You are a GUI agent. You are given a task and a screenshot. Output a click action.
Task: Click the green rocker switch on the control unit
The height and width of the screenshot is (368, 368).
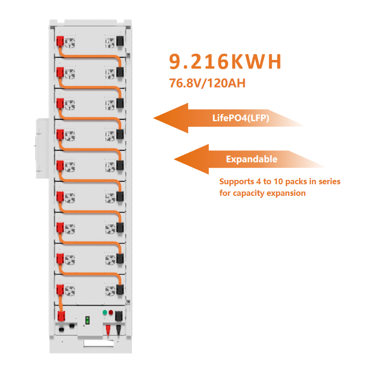coord(88,320)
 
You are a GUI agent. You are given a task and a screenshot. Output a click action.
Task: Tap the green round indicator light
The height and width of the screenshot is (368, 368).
coord(104,312)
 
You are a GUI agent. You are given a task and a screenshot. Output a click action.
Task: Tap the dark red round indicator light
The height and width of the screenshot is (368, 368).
coord(111,312)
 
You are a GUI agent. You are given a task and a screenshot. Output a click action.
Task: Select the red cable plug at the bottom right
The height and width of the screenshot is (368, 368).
coord(108,330)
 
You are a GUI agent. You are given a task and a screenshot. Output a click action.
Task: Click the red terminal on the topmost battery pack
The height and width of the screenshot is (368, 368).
coord(60,42)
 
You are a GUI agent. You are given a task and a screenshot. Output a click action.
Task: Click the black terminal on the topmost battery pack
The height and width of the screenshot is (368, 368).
coord(120,41)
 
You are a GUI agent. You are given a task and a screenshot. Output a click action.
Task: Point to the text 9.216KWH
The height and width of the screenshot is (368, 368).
coord(225,61)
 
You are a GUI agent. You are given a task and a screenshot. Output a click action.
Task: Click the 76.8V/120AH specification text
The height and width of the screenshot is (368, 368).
coord(207,83)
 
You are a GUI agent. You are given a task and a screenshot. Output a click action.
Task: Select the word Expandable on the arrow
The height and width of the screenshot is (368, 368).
coord(251,159)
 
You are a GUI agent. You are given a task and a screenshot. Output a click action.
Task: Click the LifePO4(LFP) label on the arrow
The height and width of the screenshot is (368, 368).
coord(240,118)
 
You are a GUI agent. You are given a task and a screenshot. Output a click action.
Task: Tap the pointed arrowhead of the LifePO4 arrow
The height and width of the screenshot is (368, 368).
coord(154,118)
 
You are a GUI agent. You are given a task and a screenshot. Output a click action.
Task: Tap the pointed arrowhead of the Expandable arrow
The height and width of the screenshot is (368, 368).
coord(175,159)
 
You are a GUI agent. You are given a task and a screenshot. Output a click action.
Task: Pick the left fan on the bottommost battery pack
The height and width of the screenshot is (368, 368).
coord(70,291)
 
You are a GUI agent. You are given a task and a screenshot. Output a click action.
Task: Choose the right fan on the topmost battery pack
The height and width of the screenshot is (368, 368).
coord(110,43)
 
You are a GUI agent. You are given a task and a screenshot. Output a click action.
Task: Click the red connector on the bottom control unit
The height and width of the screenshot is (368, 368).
coord(61,316)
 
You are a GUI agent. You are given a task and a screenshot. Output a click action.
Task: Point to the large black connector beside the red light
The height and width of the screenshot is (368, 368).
coord(118,316)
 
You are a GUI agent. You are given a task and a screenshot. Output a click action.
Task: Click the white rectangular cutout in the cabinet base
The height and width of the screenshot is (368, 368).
coord(99,343)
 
